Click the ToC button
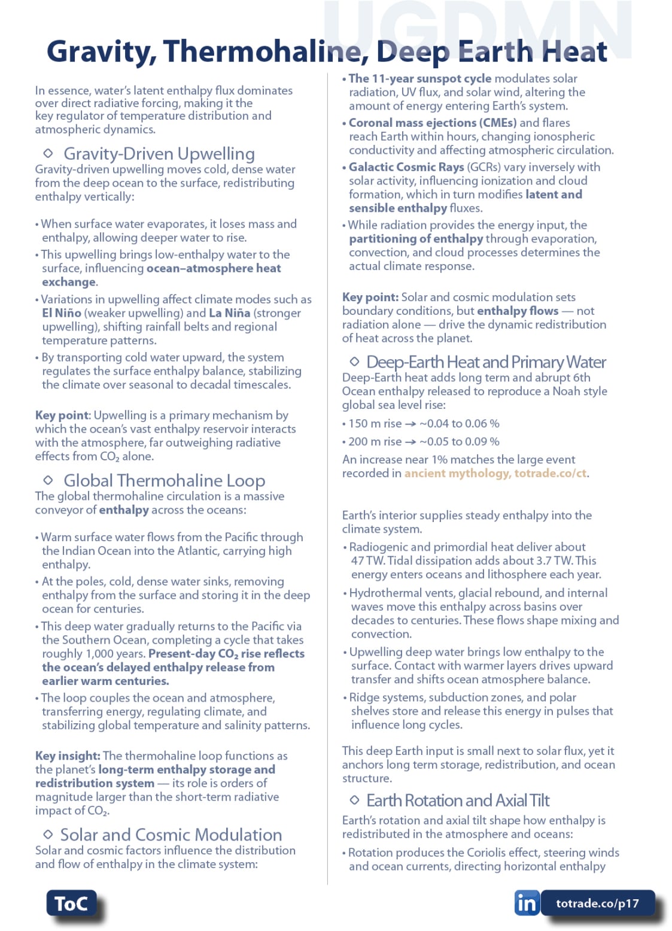pos(71,903)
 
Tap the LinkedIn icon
pos(527,903)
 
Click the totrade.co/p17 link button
pos(597,903)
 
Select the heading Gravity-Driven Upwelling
pos(159,154)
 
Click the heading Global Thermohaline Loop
pos(164,480)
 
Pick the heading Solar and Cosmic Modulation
pos(171,835)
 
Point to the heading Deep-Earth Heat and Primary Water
pos(486,362)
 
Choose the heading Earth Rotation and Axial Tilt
pos(458,800)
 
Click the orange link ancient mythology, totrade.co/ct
pos(495,473)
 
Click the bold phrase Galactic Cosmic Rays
pos(406,167)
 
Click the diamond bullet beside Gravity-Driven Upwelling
pos(48,153)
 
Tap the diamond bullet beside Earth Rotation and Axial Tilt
pos(354,800)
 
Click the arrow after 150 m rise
pos(410,424)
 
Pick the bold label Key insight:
pos(68,756)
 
